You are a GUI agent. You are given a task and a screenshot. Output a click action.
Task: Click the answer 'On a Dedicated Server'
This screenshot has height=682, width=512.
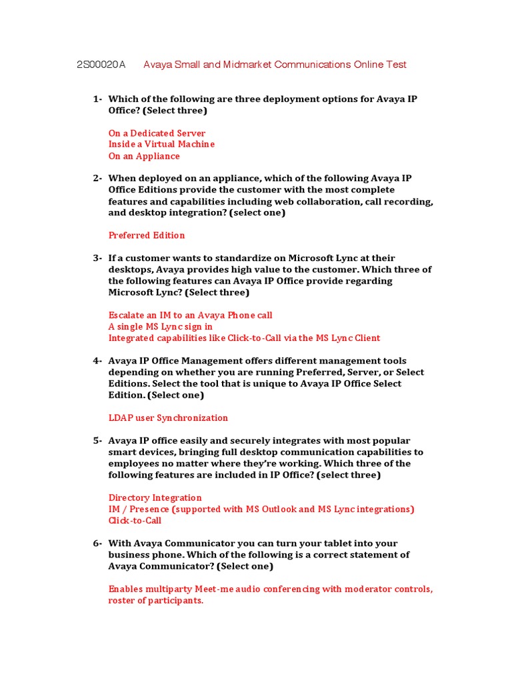click(x=157, y=133)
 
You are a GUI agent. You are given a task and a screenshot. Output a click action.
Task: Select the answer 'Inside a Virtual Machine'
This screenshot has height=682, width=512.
click(x=161, y=145)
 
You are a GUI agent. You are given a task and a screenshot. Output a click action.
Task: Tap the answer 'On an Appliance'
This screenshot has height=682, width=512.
click(x=144, y=156)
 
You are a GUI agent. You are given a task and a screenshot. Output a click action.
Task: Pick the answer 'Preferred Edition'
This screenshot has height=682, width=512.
click(x=147, y=235)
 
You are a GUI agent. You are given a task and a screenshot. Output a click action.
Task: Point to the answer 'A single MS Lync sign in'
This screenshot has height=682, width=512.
click(x=161, y=326)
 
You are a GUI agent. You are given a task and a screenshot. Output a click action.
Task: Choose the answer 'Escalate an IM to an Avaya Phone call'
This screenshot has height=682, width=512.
click(x=190, y=315)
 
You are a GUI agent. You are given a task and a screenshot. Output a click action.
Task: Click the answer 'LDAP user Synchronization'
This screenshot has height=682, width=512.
click(x=168, y=418)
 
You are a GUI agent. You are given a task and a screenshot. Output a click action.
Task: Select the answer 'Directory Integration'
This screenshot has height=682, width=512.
click(x=155, y=498)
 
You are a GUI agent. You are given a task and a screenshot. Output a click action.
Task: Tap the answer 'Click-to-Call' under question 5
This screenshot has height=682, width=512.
click(x=135, y=520)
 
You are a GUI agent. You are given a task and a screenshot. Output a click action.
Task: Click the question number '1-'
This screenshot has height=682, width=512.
click(x=97, y=99)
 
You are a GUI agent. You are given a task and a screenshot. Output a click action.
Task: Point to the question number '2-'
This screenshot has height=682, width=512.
click(x=97, y=178)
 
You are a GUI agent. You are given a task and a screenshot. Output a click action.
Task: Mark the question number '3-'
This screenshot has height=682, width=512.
click(x=97, y=258)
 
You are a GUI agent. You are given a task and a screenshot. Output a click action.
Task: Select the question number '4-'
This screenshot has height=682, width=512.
click(x=97, y=361)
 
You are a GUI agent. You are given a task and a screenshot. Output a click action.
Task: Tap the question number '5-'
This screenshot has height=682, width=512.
click(x=97, y=441)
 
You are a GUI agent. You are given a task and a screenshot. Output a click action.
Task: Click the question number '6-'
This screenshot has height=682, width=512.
click(x=97, y=543)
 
